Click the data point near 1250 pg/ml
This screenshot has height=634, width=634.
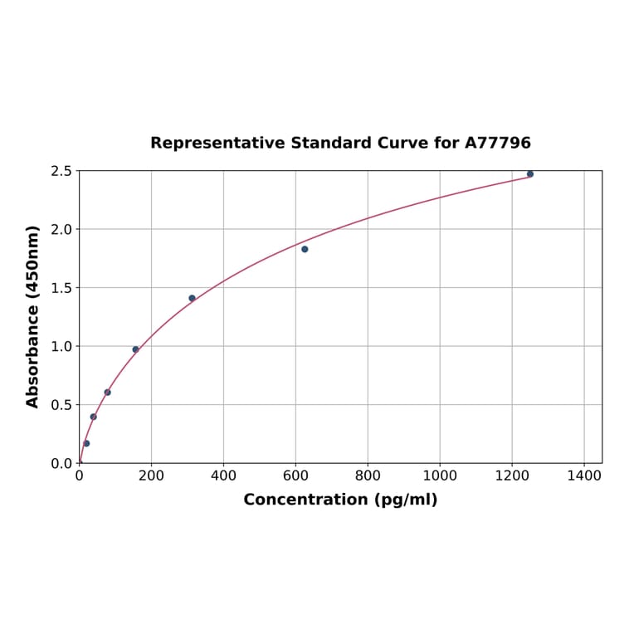tap(530, 174)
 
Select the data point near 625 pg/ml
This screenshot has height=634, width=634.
tap(305, 249)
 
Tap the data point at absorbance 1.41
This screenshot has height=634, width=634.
tap(192, 298)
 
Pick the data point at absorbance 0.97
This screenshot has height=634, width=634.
tap(135, 349)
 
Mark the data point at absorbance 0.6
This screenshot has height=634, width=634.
tap(107, 393)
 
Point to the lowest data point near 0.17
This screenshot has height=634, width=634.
tap(86, 443)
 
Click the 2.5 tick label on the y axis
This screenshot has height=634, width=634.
tap(61, 171)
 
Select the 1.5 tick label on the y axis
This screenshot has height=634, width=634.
tap(61, 288)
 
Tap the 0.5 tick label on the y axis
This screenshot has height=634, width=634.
tap(61, 405)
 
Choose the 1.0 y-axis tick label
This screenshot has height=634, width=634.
tap(61, 346)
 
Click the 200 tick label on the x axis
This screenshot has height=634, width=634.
tap(151, 476)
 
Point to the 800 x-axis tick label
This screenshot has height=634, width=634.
tap(368, 476)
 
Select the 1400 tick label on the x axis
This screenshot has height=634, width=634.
tap(584, 476)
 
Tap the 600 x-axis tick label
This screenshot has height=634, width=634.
tap(295, 476)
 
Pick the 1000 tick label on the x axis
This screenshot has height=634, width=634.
tap(440, 476)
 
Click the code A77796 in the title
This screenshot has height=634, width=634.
tap(497, 144)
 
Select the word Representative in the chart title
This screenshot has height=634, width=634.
tap(218, 144)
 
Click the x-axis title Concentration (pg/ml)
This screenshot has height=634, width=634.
tap(340, 500)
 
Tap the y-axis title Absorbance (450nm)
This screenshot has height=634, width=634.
tap(33, 316)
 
